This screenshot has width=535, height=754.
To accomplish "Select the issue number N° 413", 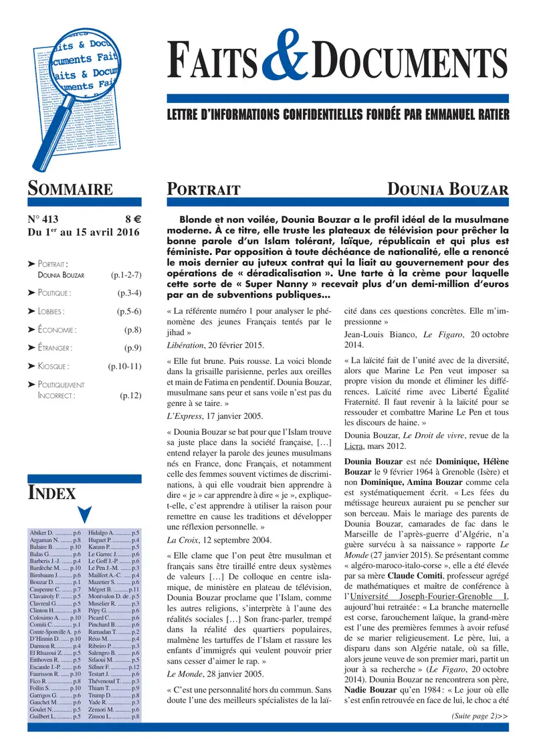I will tap(48, 218).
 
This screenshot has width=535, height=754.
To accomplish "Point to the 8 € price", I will tap(132, 218).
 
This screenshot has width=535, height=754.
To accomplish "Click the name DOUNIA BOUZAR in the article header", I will tap(448, 190).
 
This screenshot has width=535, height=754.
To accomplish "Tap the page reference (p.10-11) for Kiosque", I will tap(124, 366).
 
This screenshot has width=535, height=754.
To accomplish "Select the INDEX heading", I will tap(51, 493).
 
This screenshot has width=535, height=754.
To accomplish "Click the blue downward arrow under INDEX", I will tap(84, 514).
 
